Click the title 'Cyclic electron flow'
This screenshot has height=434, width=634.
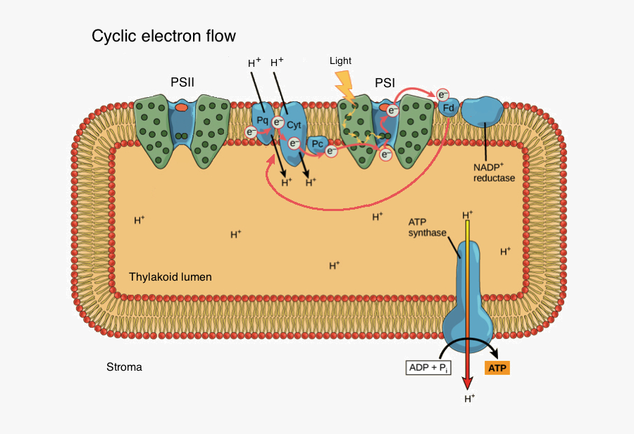163,36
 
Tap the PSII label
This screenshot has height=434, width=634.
182,82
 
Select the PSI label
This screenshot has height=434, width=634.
385,82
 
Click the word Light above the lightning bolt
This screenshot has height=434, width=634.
340,61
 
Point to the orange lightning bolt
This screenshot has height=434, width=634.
344,85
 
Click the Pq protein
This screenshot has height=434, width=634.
263,120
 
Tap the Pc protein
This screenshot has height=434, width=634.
318,145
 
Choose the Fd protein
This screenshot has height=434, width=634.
448,108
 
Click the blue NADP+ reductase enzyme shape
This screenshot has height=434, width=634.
483,112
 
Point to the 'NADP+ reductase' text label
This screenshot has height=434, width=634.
494,173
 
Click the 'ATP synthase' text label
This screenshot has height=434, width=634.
428,227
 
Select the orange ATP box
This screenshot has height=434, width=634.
497,367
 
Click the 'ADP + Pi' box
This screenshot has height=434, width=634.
428,367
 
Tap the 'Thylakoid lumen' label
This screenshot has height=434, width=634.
170,276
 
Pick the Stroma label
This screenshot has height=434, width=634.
124,366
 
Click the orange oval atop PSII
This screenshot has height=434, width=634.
182,108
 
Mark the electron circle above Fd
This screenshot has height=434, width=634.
442,94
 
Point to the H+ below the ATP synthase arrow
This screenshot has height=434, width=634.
469,399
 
